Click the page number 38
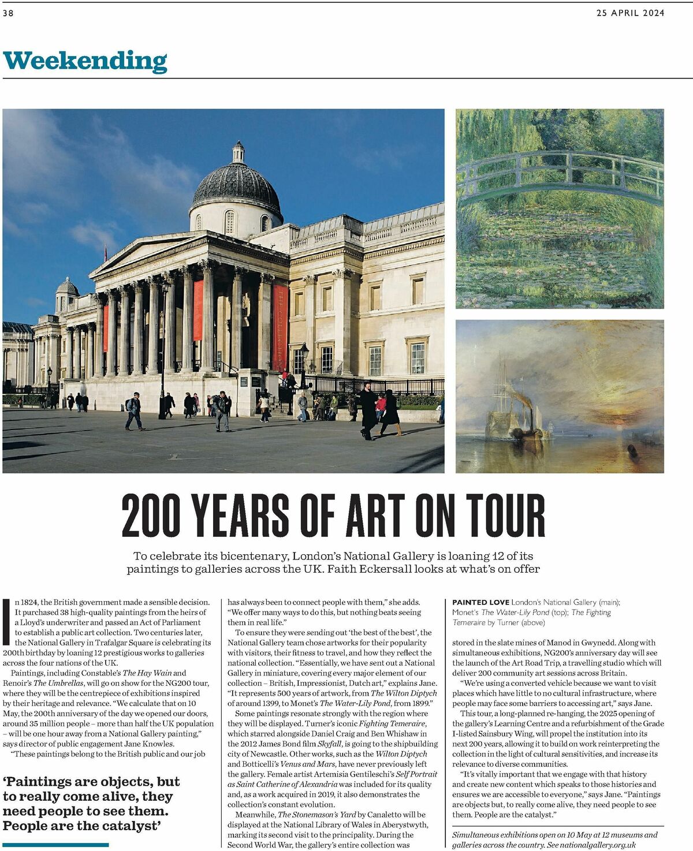pos(8,13)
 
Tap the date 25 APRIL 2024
pos(630,13)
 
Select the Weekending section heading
pos(85,61)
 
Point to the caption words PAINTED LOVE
pos(480,602)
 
